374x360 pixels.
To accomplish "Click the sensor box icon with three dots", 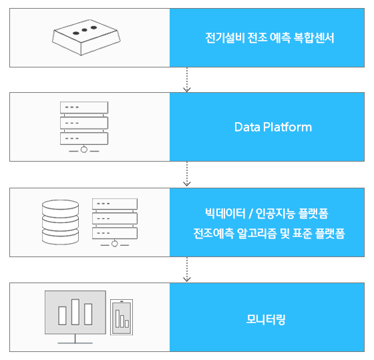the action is point(86,37).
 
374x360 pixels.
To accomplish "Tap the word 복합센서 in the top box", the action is point(314,37).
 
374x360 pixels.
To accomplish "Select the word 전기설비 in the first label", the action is point(225,37).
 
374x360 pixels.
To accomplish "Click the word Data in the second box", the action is point(247,127).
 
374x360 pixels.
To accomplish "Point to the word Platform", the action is point(287,127).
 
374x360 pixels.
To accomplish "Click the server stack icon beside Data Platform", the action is point(84,127).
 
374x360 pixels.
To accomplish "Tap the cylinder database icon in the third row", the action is point(60,222).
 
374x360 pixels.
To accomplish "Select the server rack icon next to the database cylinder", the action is point(115,222).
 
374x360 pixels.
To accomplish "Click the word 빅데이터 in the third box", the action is point(225,214).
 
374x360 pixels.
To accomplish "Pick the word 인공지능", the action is point(275,214).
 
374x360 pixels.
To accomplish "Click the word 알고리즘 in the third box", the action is point(257,233).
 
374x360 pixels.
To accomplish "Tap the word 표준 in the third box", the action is point(302,233).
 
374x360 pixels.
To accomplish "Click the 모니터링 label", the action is point(266,319).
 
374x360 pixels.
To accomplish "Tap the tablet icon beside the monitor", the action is point(122,317).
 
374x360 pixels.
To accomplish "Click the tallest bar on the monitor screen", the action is point(75,312).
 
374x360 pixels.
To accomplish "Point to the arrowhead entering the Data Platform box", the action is point(187,89).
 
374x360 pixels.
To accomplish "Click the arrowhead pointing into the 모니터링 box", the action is point(187,279).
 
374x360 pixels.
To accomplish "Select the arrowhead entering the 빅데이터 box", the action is point(187,184).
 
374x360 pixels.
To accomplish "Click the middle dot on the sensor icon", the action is point(84,30).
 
